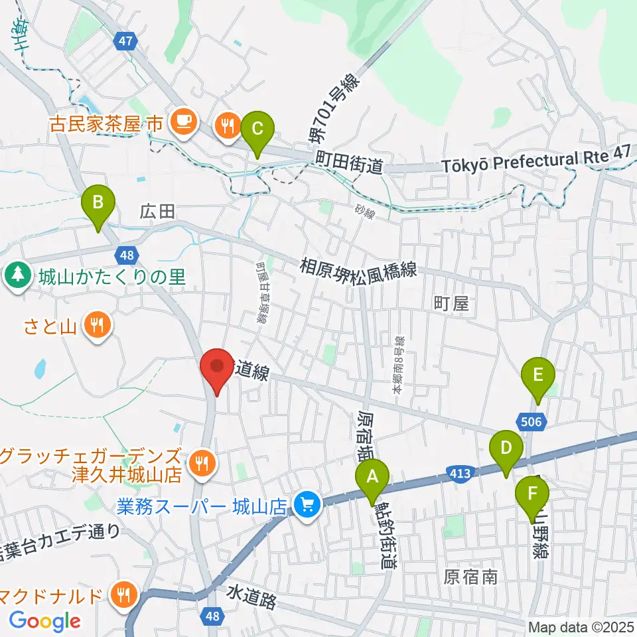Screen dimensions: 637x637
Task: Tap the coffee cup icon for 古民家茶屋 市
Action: click(181, 121)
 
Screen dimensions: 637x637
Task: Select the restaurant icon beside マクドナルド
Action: click(124, 593)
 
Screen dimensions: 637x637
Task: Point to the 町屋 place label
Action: click(451, 305)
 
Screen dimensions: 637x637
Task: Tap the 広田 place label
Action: click(157, 212)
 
